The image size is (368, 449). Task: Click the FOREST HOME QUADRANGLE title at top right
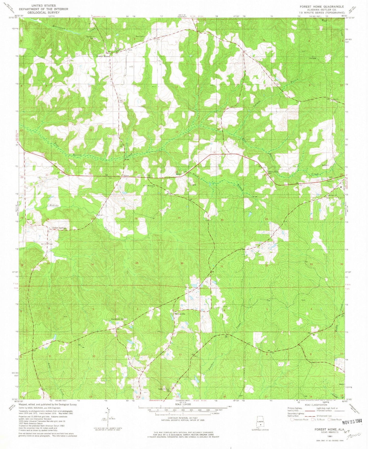[322, 7]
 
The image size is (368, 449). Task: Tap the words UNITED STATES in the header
[43, 5]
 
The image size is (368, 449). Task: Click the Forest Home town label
[103, 56]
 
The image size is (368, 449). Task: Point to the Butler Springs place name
[59, 228]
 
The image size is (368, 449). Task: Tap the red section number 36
[182, 263]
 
